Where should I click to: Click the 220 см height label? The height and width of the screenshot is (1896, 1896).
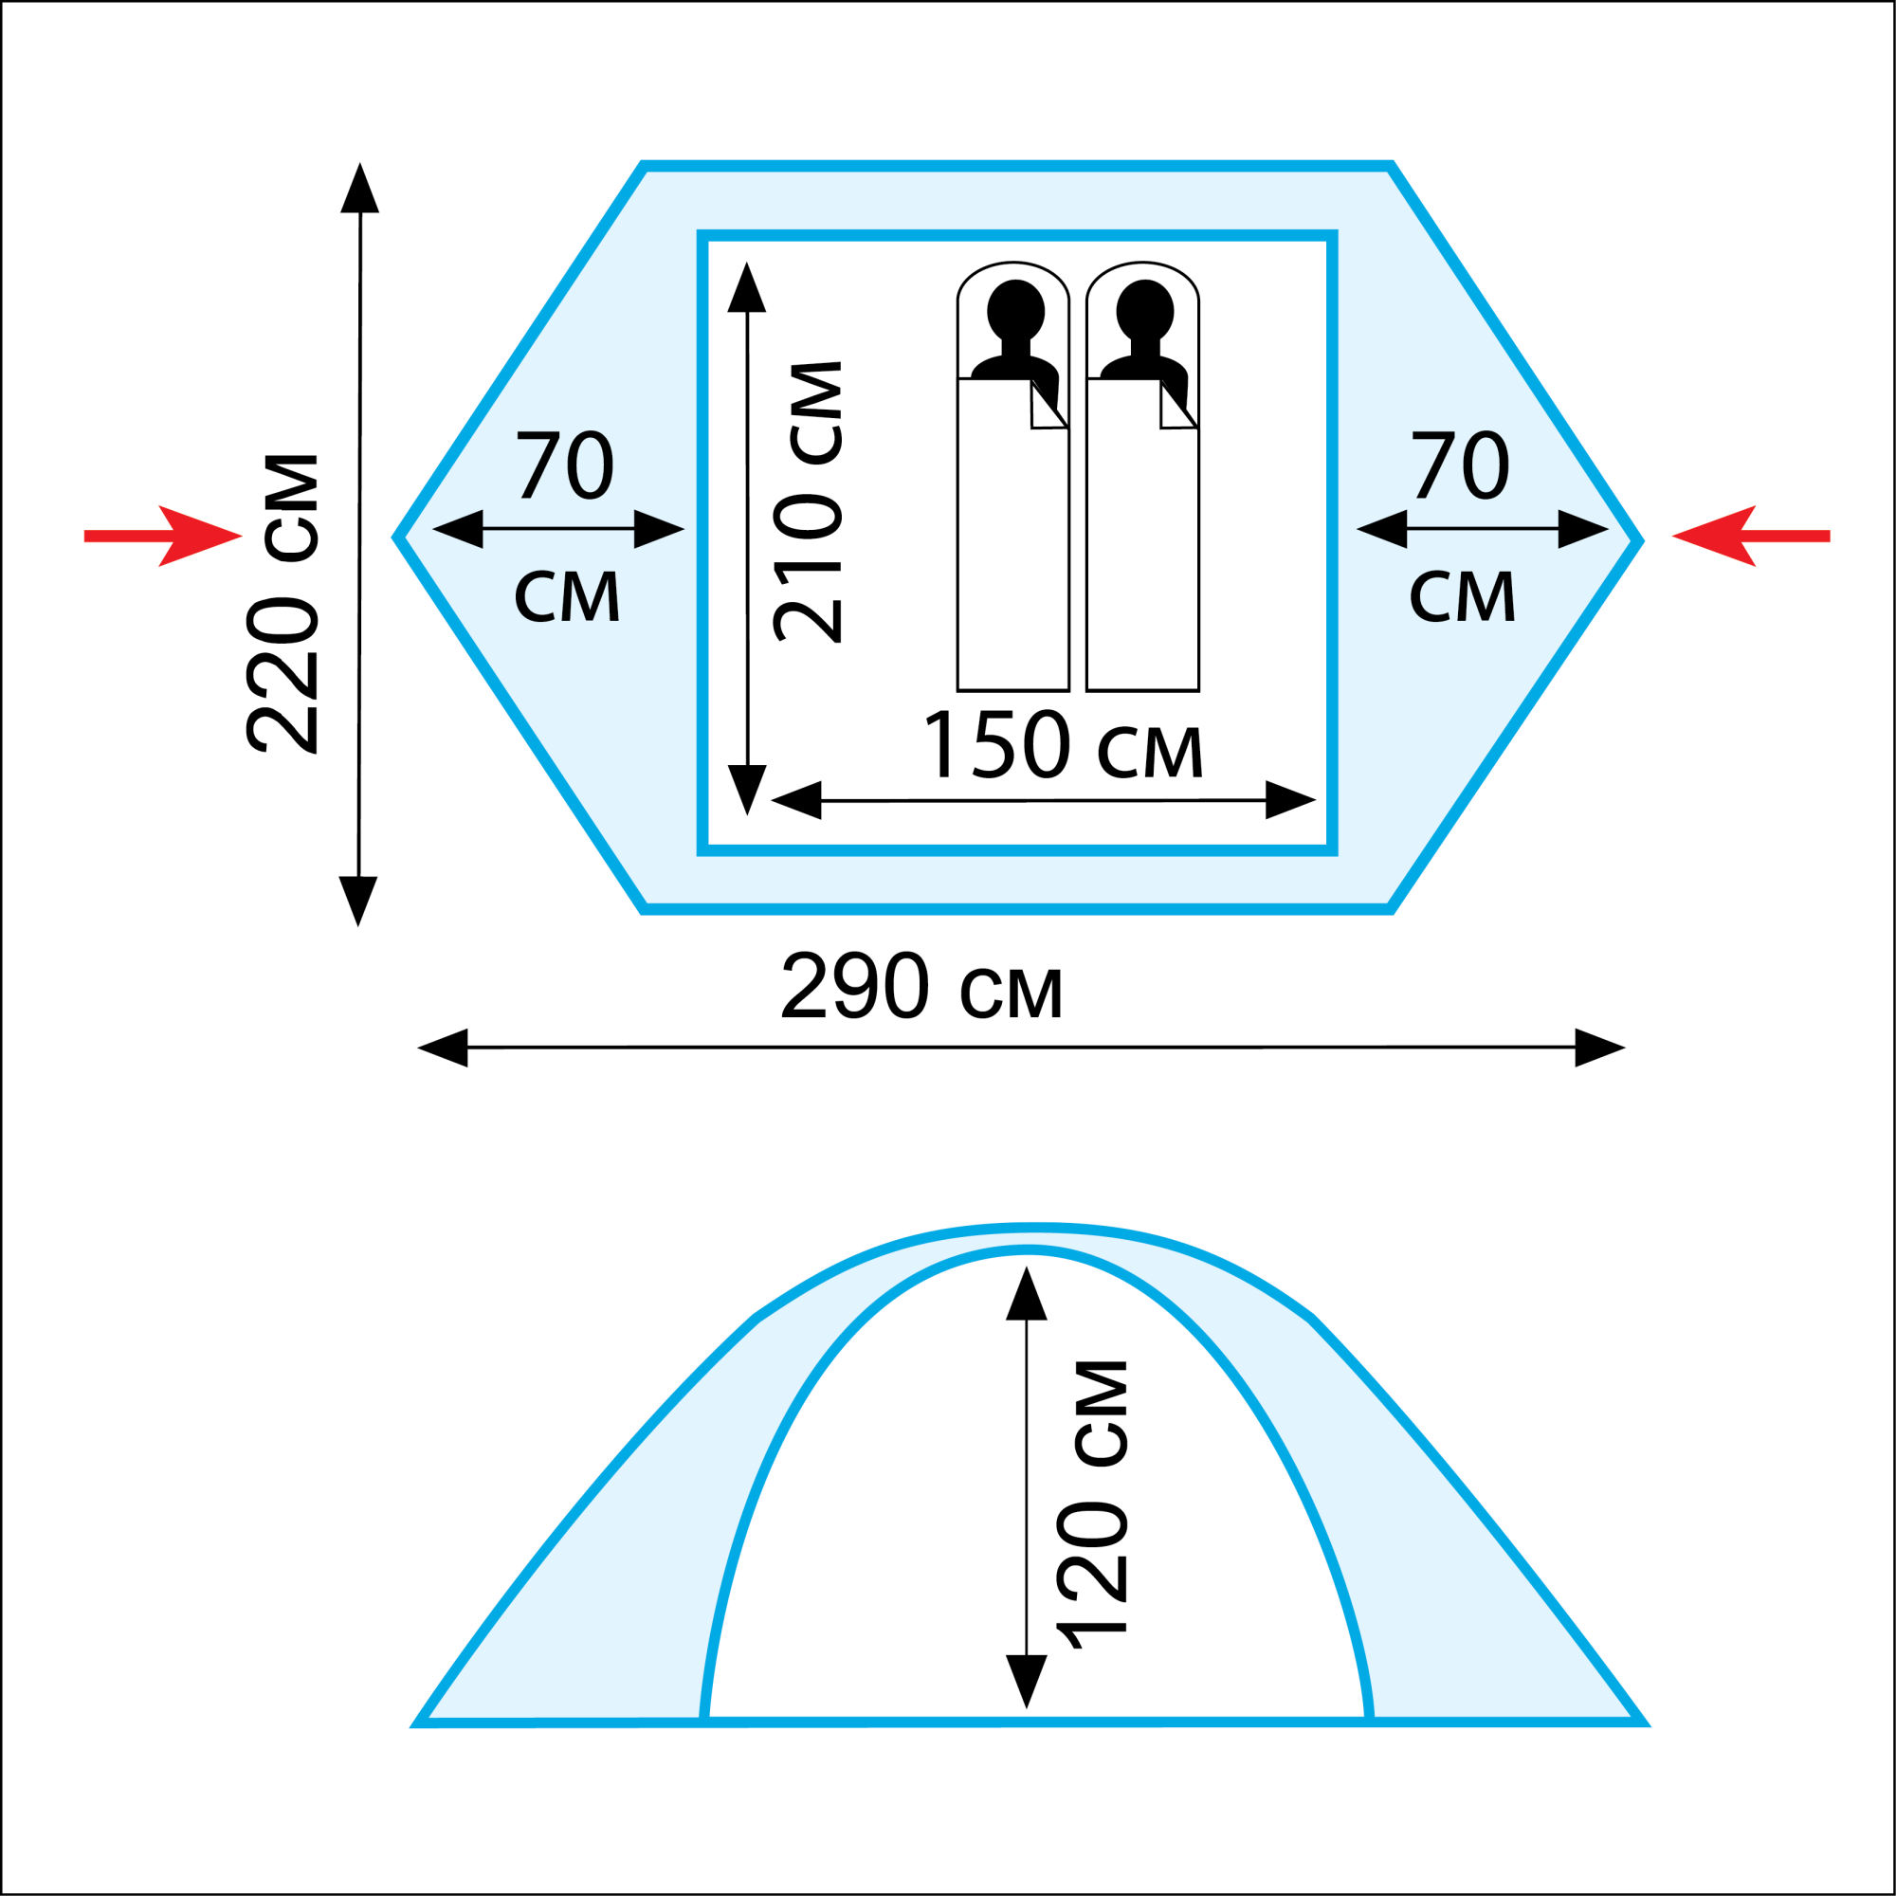pyautogui.click(x=282, y=604)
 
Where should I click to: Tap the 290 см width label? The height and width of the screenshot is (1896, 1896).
pyautogui.click(x=921, y=985)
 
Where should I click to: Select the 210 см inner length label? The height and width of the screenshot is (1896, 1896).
pyautogui.click(x=808, y=501)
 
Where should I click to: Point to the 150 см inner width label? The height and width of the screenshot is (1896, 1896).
pyautogui.click(x=1063, y=746)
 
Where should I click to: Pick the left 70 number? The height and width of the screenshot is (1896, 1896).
pyautogui.click(x=565, y=465)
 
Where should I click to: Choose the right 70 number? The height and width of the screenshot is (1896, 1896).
pyautogui.click(x=1460, y=465)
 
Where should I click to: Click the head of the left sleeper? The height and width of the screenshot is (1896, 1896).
pyautogui.click(x=1015, y=309)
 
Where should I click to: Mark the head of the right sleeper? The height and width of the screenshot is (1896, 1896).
pyautogui.click(x=1145, y=309)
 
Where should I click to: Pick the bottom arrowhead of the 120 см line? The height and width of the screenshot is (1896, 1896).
pyautogui.click(x=1027, y=1679)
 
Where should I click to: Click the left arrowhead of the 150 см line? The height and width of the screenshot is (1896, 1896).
pyautogui.click(x=797, y=800)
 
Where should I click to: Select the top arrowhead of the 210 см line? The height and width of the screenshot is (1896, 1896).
pyautogui.click(x=747, y=288)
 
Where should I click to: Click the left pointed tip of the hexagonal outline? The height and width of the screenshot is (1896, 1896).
pyautogui.click(x=397, y=538)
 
